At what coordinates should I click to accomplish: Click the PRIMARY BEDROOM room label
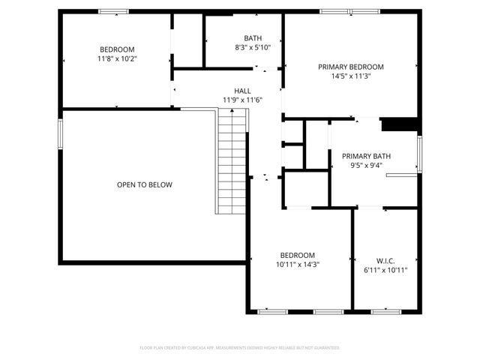click(x=350, y=66)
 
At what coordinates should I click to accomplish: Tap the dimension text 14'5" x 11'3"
click(x=350, y=76)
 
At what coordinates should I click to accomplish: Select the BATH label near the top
click(x=253, y=38)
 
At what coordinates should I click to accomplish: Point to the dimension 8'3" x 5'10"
click(x=253, y=47)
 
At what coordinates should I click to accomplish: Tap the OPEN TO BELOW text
click(x=144, y=184)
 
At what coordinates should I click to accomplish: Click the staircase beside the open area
click(x=232, y=160)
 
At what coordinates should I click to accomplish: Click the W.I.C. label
click(x=385, y=260)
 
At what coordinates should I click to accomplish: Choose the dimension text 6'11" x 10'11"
click(x=385, y=270)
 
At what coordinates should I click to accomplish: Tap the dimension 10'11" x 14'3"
click(x=298, y=264)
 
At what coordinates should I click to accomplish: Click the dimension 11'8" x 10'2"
click(x=117, y=58)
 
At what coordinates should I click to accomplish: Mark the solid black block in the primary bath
click(x=399, y=124)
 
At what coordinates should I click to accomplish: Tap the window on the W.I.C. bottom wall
click(x=384, y=311)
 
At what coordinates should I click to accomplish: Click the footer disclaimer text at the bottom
click(x=240, y=348)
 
